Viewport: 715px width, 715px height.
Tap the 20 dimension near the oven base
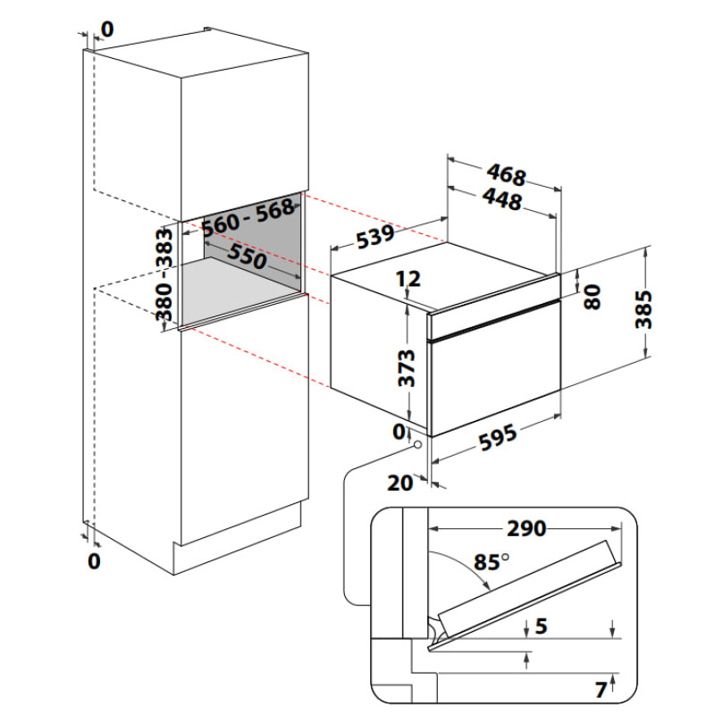click(400, 483)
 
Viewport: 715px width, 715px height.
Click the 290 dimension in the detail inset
click(526, 528)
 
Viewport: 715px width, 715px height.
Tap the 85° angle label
click(491, 563)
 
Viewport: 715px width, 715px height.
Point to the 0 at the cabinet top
click(106, 29)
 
